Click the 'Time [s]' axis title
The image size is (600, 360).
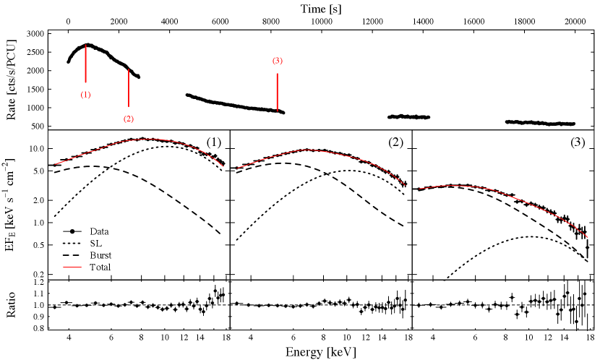[321, 9]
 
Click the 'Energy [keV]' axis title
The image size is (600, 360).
[321, 351]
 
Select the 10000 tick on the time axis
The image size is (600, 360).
[321, 22]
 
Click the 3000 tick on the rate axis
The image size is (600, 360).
[35, 34]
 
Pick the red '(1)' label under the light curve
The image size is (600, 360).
[86, 95]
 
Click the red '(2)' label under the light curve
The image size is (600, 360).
[129, 119]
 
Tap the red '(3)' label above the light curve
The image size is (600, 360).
[278, 61]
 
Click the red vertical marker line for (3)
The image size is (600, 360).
[278, 93]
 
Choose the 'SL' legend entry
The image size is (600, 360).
[82, 244]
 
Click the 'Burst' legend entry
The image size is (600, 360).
[87, 255]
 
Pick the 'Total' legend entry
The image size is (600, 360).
[87, 267]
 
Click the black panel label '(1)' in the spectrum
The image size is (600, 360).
[214, 142]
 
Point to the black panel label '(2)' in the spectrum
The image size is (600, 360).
[395, 142]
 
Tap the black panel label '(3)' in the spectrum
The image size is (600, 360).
[578, 142]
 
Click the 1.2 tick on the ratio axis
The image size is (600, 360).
[39, 282]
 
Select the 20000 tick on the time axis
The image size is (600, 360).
[575, 22]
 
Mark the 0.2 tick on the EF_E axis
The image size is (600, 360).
[39, 274]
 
